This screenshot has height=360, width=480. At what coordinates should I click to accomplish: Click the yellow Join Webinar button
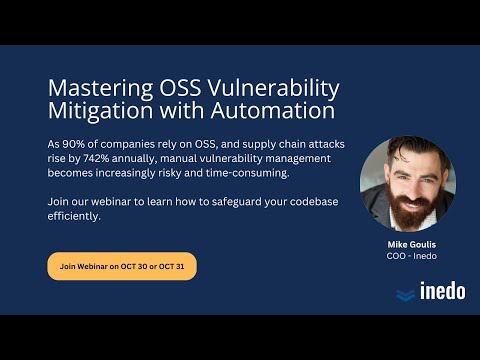point(121,266)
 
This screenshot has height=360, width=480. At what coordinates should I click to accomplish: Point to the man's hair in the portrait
point(402,150)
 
